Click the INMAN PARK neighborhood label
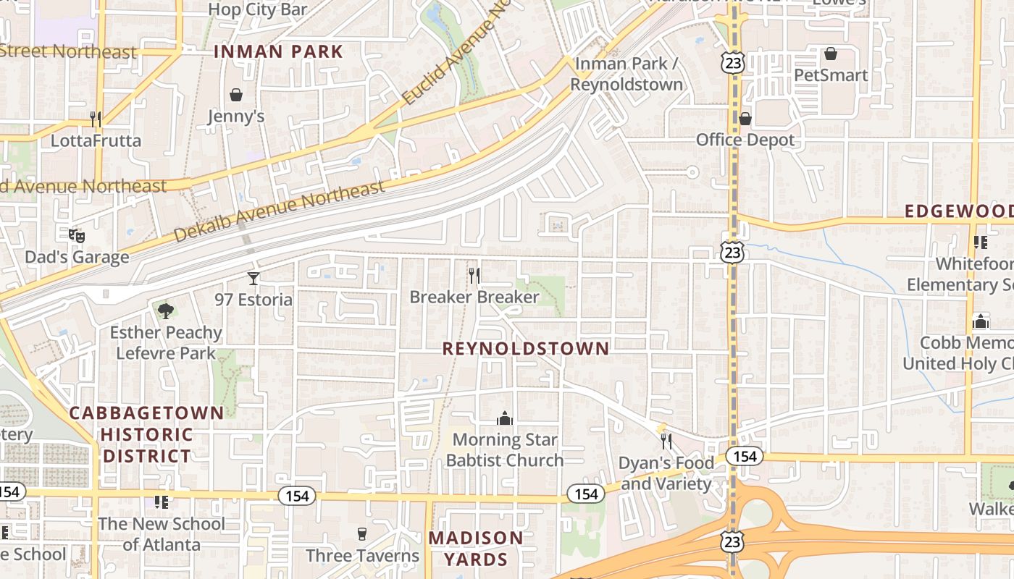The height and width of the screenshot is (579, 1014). point(278,51)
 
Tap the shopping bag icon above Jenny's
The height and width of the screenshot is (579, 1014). point(236,95)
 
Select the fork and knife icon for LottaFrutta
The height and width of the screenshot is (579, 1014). point(96,119)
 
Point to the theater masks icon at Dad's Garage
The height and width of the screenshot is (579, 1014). point(77,236)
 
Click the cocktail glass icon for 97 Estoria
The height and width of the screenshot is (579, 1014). point(253,279)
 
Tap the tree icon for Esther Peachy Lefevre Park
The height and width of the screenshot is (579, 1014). point(166,311)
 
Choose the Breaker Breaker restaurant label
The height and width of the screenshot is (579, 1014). point(474,297)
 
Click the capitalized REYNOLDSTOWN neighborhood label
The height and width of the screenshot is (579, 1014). point(526,348)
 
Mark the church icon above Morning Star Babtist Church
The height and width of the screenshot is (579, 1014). point(505,418)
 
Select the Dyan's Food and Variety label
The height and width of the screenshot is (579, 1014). point(666,473)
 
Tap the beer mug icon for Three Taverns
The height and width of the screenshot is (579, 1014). point(363,534)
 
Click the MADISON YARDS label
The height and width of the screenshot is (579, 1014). point(475,549)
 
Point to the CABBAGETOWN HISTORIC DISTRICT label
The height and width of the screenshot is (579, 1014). point(146,434)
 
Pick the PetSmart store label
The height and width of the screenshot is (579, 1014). point(831,75)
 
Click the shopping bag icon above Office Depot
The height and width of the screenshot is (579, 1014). point(745,119)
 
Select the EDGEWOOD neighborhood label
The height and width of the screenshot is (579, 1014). point(958,211)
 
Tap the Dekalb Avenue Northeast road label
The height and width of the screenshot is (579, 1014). point(279,211)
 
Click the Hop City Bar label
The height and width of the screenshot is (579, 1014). point(258,9)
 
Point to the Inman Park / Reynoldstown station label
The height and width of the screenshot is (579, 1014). point(627,74)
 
